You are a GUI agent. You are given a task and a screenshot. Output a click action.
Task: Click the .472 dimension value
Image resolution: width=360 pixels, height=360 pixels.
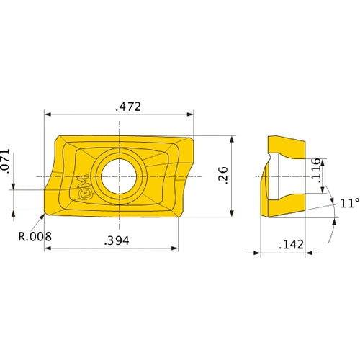pos(128,107)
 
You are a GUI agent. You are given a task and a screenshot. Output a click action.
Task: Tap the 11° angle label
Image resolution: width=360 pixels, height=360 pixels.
pos(348,202)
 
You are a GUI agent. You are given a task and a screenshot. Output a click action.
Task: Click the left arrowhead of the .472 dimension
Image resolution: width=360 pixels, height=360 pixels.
pos(48,114)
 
